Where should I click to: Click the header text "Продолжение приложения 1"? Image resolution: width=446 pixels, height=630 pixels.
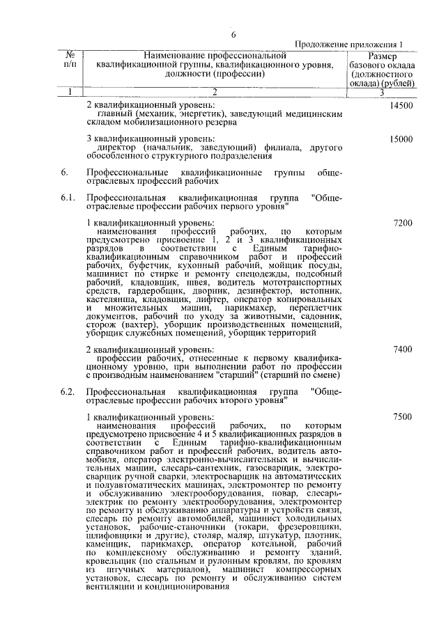[350, 44]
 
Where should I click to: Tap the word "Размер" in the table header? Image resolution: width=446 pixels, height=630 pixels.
[383, 56]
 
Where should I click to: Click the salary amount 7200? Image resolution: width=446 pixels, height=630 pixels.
[403, 223]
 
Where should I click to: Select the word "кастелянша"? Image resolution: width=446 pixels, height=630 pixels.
[109, 298]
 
